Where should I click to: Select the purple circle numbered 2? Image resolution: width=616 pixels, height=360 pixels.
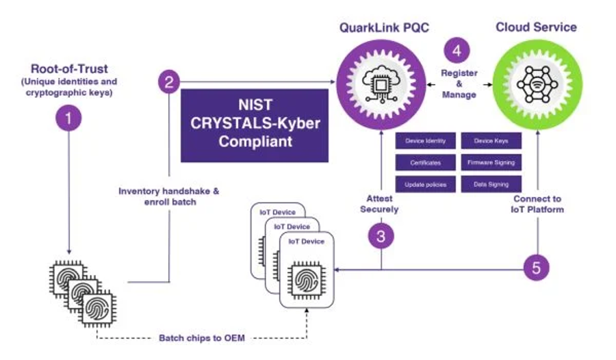(169, 83)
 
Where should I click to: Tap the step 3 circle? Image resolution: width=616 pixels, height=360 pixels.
(381, 237)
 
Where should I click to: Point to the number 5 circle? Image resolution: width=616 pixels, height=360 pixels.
(537, 268)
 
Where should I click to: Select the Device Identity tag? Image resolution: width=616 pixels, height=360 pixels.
(426, 141)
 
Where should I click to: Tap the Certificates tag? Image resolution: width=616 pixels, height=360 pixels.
(426, 163)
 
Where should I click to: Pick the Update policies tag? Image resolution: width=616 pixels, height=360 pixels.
(426, 185)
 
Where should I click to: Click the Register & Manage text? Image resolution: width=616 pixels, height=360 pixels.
(459, 83)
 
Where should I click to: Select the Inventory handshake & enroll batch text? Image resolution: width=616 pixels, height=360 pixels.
(168, 197)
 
